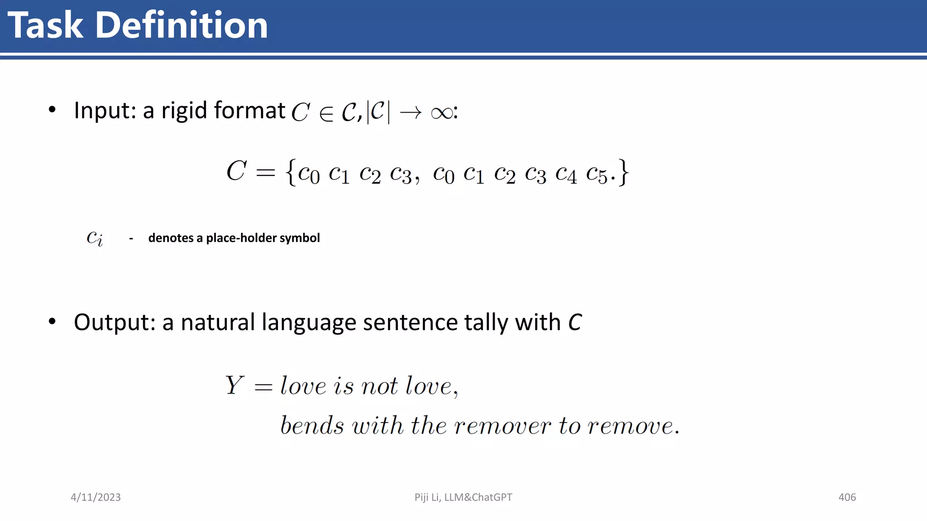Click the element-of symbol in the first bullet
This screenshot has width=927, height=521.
326,113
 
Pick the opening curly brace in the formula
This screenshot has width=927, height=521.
291,172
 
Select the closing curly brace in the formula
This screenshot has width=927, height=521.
624,172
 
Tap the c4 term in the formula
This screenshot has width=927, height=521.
566,174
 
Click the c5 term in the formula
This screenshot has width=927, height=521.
597,174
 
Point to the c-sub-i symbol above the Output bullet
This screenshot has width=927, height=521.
95,238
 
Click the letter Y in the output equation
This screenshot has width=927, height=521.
234,385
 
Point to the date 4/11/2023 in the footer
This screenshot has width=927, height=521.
96,497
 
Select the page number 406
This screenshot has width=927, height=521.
847,497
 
